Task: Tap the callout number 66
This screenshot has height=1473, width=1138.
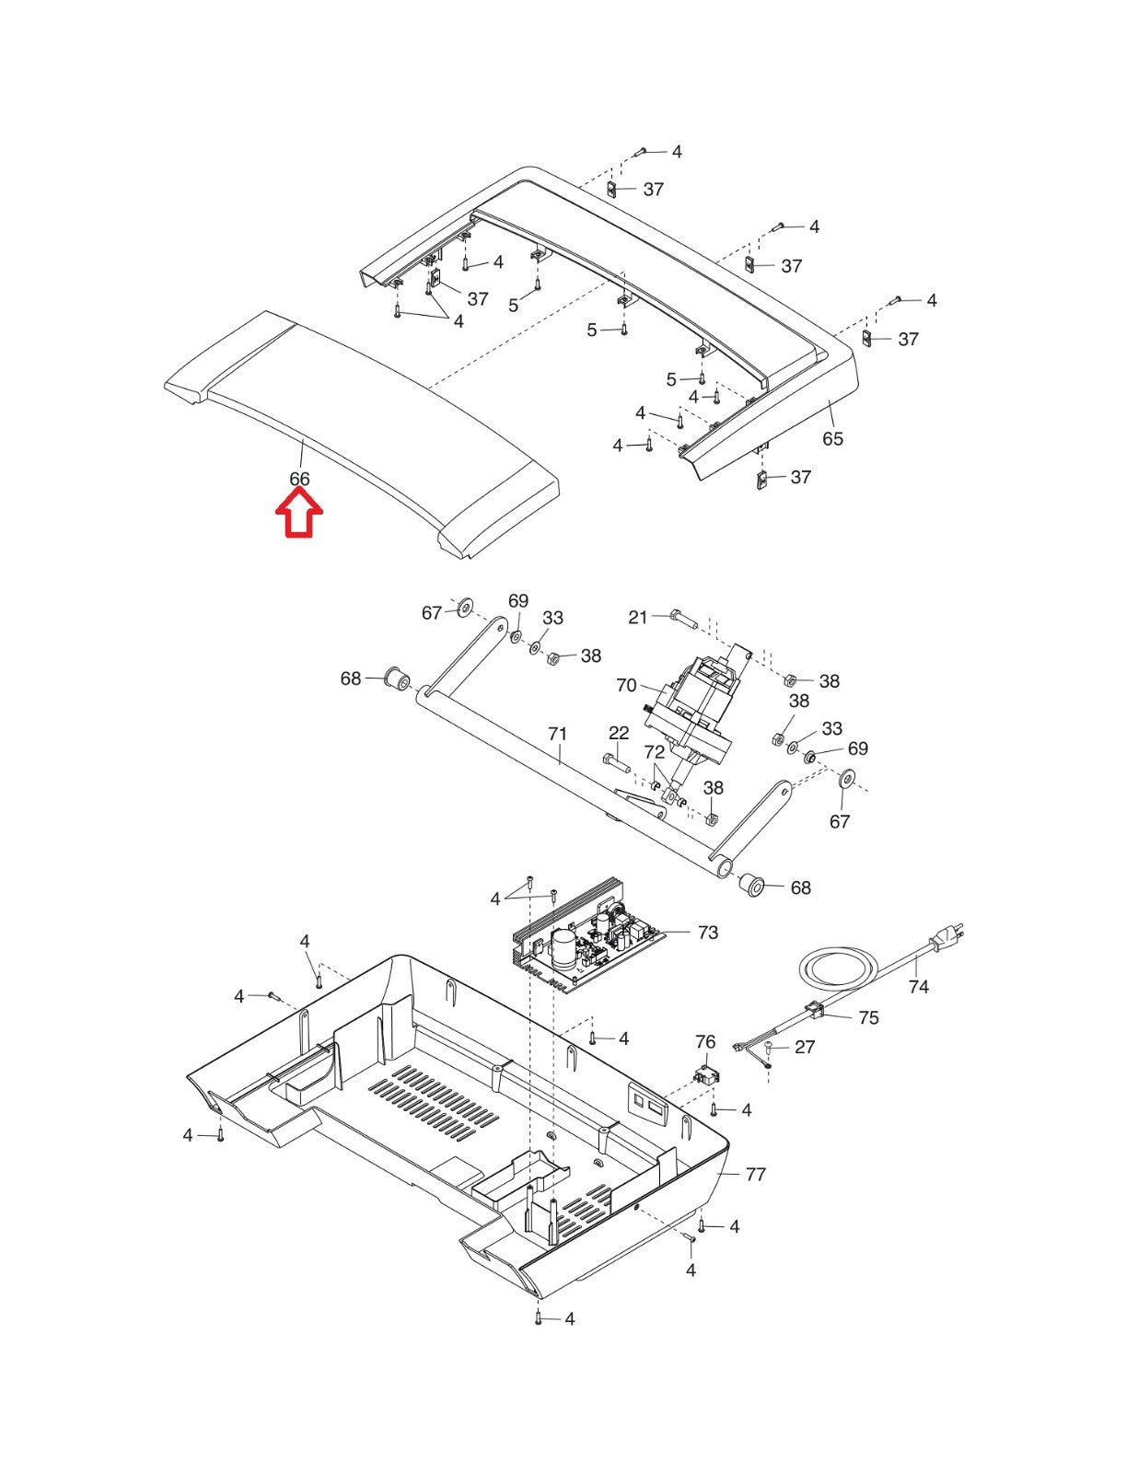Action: pyautogui.click(x=299, y=479)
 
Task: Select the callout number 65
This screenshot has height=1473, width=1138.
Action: pyautogui.click(x=832, y=438)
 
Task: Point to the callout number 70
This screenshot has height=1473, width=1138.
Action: pyautogui.click(x=626, y=685)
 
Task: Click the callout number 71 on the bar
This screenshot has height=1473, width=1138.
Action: pyautogui.click(x=558, y=734)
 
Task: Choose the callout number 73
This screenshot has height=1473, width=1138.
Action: pyautogui.click(x=708, y=932)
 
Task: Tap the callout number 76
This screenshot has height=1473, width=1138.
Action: pyautogui.click(x=705, y=1041)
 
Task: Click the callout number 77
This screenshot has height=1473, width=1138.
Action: pyautogui.click(x=756, y=1174)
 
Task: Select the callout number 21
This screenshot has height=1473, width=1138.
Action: pyautogui.click(x=638, y=618)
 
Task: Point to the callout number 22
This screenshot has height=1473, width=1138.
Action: pyautogui.click(x=619, y=733)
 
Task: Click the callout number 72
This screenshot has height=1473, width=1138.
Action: pyautogui.click(x=654, y=752)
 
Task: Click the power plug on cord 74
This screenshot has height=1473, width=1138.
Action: pyautogui.click(x=946, y=937)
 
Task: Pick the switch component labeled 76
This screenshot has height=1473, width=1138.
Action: pyautogui.click(x=705, y=1075)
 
